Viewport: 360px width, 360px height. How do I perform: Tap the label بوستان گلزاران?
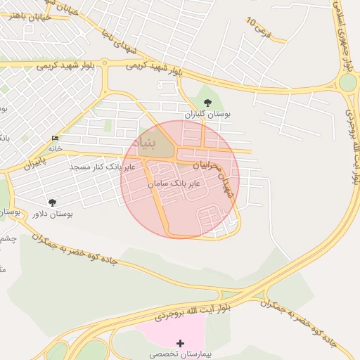(208, 113)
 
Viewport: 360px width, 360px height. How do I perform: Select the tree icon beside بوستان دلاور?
(52, 202)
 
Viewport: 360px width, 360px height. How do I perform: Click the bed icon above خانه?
(56, 138)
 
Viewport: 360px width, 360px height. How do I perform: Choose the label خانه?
(56, 148)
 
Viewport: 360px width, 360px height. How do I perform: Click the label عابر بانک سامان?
(174, 182)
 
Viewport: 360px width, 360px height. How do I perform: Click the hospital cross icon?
(181, 343)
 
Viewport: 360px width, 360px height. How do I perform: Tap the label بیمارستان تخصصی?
(181, 354)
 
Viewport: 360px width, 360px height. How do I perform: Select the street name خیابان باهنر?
(25, 16)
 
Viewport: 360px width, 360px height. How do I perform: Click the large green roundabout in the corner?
(347, 83)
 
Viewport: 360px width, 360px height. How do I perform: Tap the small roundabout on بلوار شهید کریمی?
(105, 63)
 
